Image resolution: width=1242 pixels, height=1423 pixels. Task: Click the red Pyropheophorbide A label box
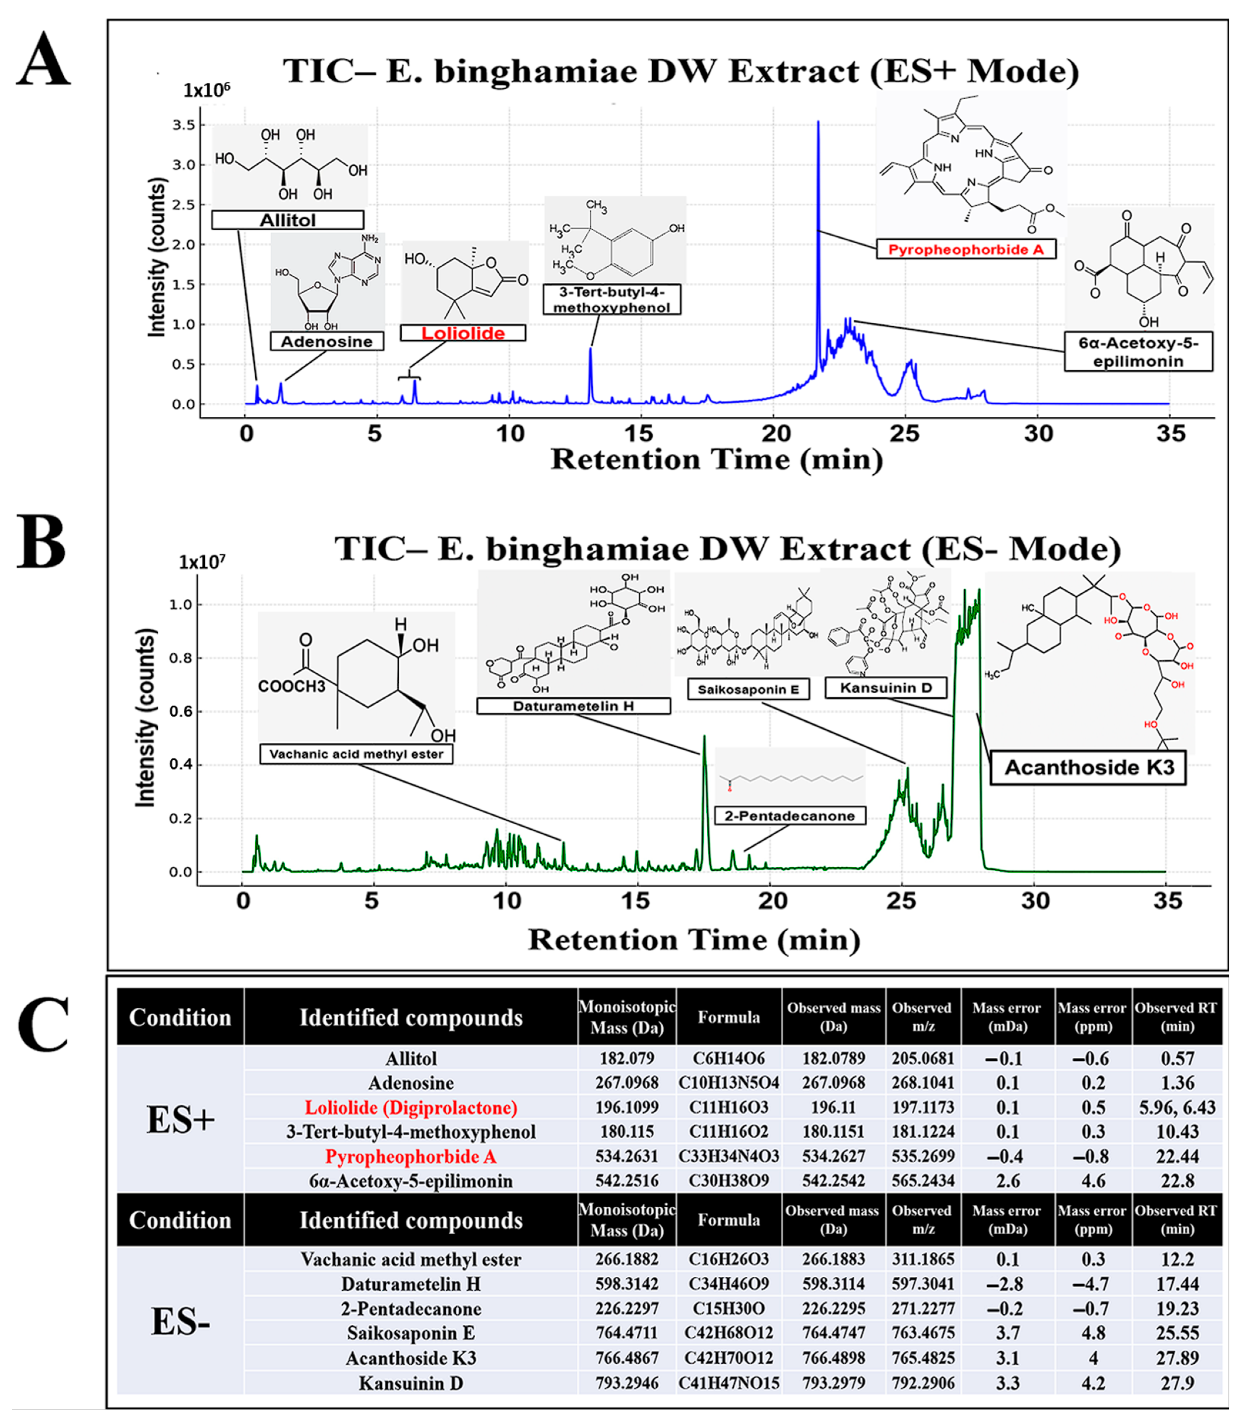coord(966,250)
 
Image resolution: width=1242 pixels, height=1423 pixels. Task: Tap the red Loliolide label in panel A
coord(463,333)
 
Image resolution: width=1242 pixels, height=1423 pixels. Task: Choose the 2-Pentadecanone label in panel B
coord(790,816)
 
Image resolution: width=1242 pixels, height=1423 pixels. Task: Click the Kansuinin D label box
coord(886,688)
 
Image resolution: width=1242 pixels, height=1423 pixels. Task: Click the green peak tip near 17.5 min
coord(704,737)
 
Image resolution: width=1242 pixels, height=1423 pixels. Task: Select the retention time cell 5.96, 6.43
coord(1177,1108)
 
